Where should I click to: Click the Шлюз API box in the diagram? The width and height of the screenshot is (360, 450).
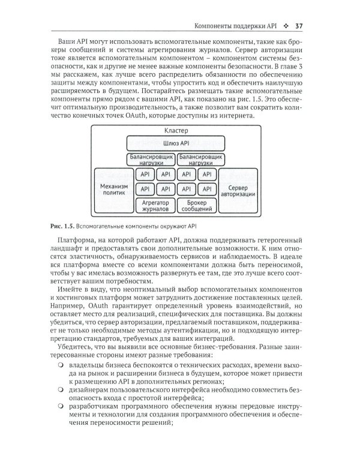point(176,144)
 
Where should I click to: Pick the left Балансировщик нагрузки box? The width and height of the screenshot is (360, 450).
point(150,160)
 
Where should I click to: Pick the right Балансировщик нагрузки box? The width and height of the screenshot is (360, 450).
point(202,160)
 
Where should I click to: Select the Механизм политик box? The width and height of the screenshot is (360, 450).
point(113,191)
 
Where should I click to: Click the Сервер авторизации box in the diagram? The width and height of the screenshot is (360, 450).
point(238,191)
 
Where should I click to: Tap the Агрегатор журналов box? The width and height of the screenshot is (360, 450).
point(154,206)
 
